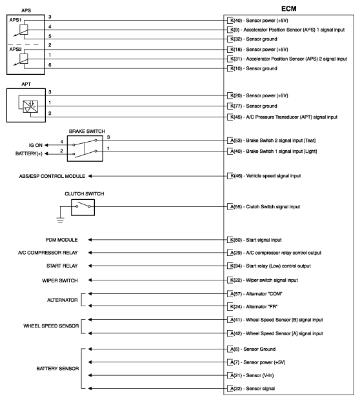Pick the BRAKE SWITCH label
point(86,131)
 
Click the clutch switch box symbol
point(82,207)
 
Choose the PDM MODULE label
point(62,239)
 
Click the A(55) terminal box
point(232,207)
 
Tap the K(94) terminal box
point(232,266)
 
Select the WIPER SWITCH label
point(60,280)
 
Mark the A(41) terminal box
point(232,320)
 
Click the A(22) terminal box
point(232,389)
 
